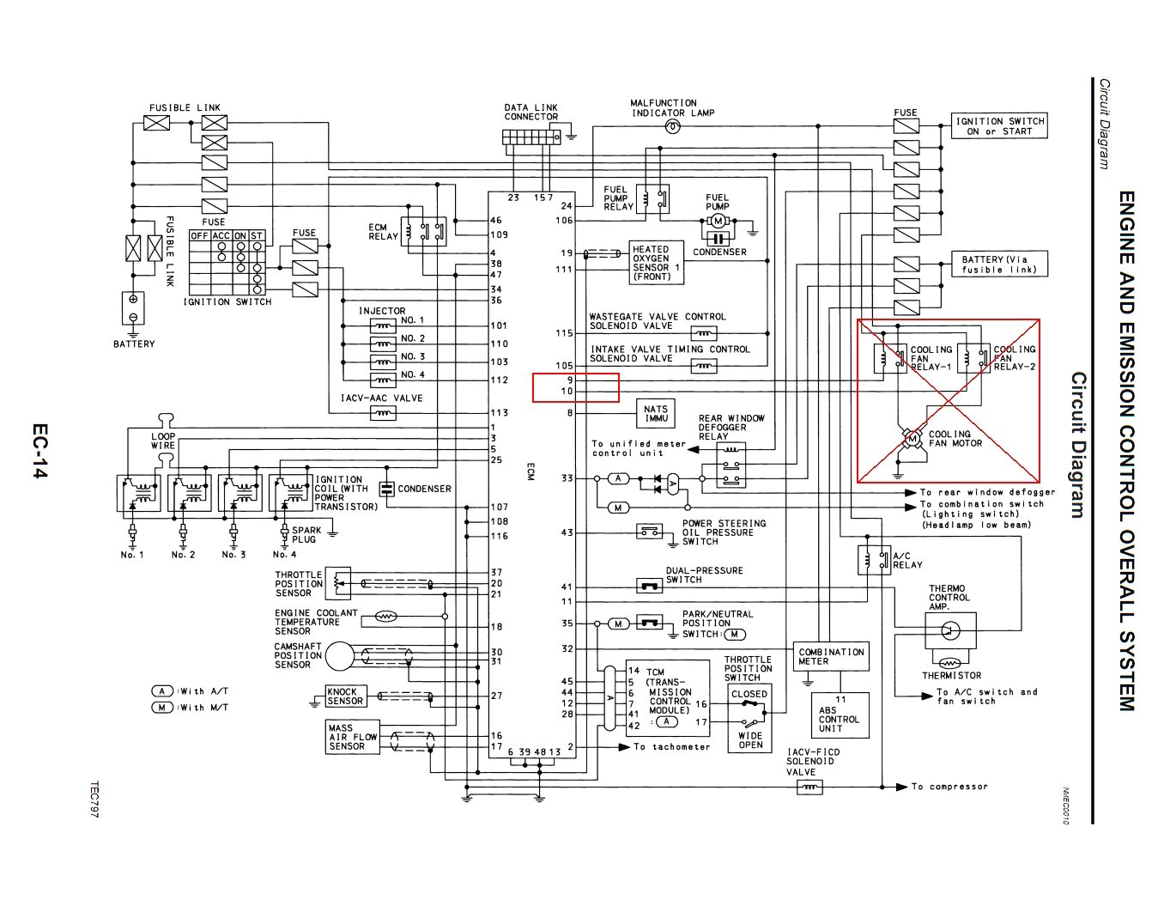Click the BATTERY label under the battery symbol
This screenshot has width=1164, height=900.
(x=134, y=344)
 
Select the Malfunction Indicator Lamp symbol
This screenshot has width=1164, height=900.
(x=673, y=127)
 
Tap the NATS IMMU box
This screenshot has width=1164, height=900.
(x=656, y=414)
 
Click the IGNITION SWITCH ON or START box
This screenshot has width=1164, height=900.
(x=1000, y=126)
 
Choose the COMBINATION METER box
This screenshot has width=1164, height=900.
(x=831, y=657)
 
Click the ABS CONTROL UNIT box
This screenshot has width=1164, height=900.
(x=840, y=715)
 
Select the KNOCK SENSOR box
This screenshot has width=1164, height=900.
(x=346, y=696)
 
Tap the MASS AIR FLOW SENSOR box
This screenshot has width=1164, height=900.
(x=352, y=737)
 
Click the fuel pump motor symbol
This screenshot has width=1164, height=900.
(x=718, y=221)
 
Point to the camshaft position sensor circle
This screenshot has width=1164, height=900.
(x=339, y=656)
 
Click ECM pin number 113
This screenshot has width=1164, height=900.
(x=499, y=413)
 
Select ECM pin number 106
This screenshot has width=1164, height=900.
(x=564, y=221)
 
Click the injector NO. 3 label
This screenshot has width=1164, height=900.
(x=413, y=356)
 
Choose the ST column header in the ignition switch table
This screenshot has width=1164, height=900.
(x=257, y=235)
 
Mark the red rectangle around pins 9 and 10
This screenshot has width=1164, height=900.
(x=575, y=387)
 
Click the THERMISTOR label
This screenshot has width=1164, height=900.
(x=951, y=676)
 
